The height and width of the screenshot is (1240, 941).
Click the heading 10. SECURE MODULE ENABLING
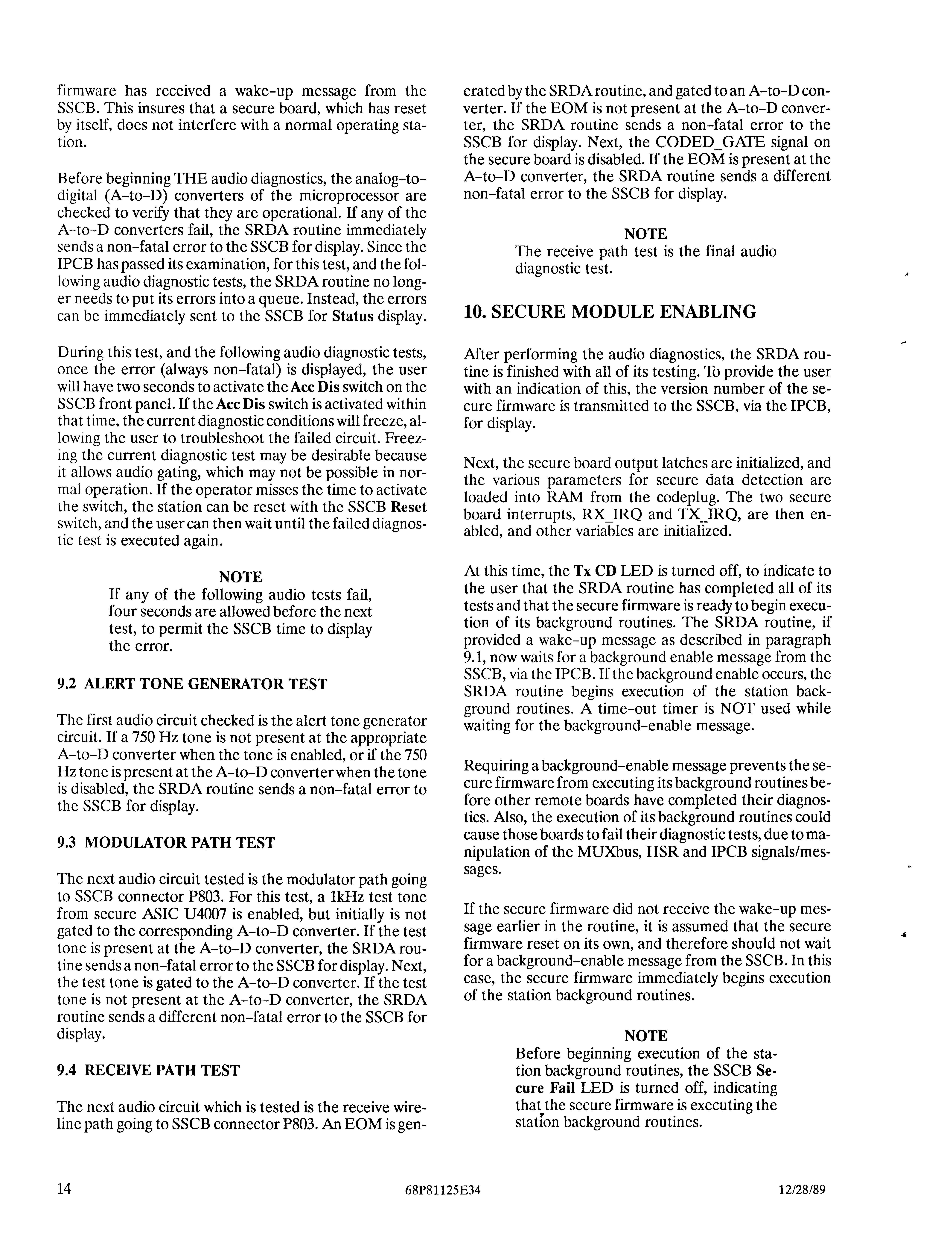610,312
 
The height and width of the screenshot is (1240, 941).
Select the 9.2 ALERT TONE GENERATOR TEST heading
192,684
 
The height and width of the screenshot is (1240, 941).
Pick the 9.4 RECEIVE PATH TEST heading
148,1071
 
